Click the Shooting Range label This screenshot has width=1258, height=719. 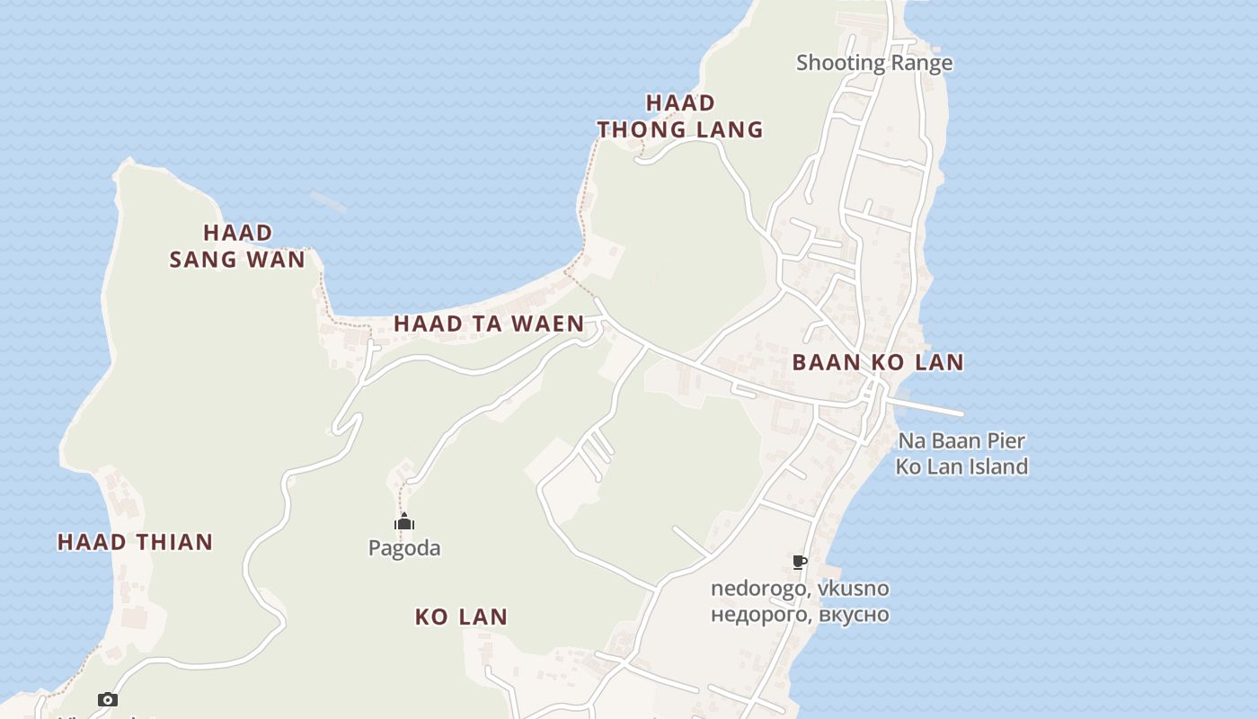point(873,63)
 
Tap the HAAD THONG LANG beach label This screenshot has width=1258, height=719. point(680,116)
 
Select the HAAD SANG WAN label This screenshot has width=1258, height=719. point(237,246)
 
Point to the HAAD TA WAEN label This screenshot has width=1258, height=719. point(489,324)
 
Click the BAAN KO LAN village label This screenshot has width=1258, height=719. point(877,363)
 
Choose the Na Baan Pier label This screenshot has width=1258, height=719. point(961,441)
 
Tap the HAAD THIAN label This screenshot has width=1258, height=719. point(135,542)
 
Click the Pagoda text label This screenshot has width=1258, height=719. point(404,548)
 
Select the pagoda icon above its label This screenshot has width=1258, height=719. point(404,522)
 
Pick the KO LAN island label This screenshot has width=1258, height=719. point(461,617)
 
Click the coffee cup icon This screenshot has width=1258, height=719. point(799,563)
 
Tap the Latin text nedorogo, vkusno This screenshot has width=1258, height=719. point(800,589)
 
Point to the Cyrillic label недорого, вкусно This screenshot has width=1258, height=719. point(800,615)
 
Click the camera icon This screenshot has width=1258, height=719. point(108,699)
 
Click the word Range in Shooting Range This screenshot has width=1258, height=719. point(921,63)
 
